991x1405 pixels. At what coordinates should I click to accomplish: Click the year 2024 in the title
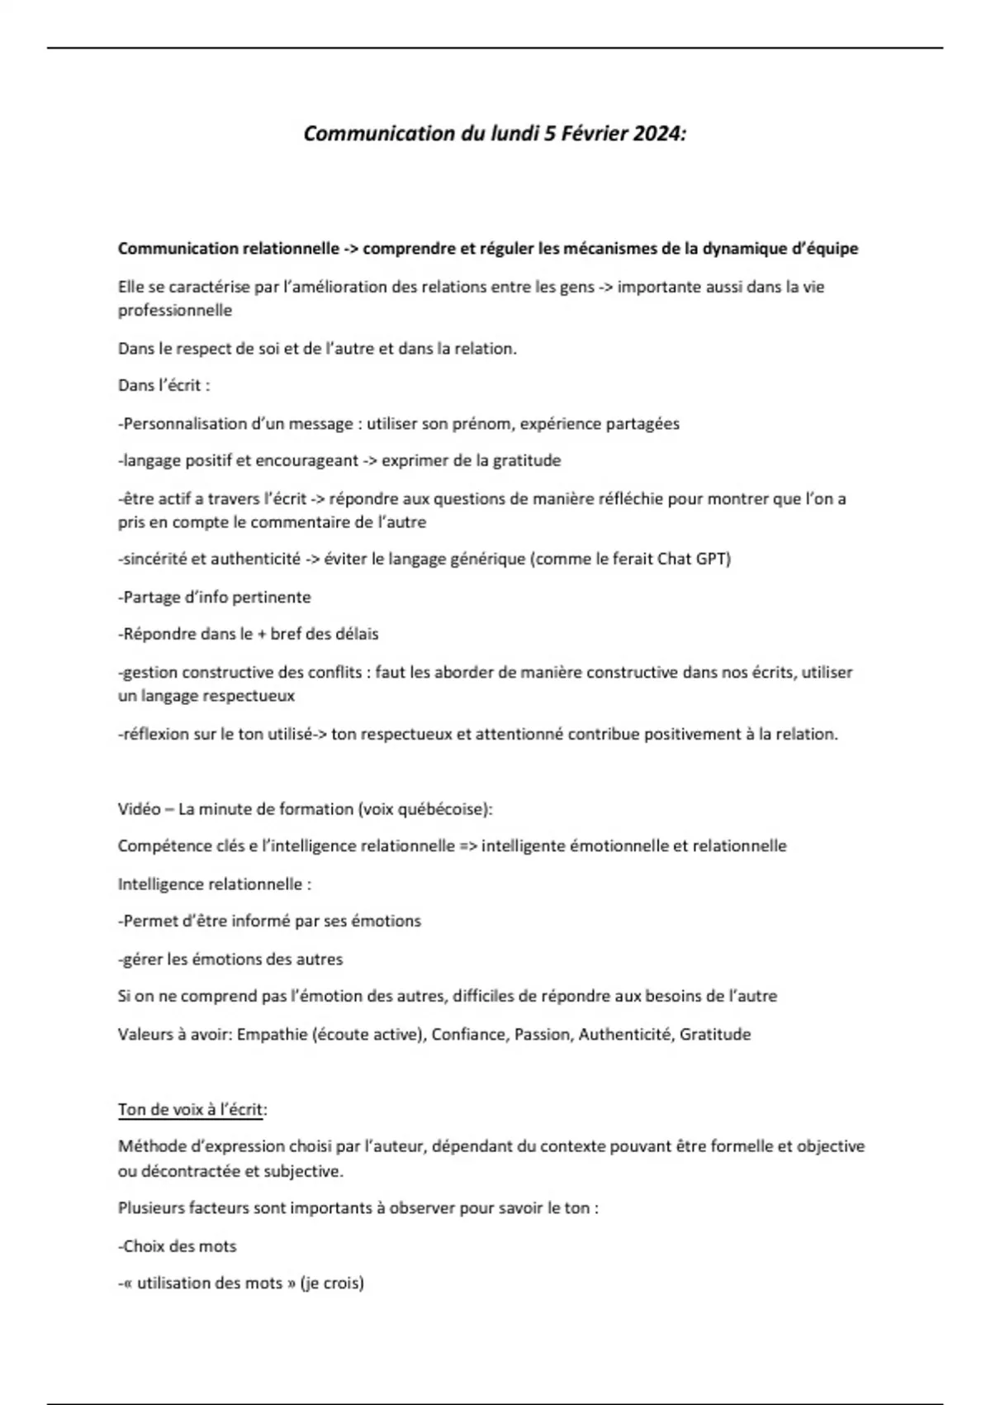[x=657, y=134]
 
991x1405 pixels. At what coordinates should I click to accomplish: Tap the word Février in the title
[x=594, y=134]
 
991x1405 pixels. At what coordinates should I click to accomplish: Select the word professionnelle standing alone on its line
[x=175, y=311]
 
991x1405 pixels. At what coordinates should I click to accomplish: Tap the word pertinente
[x=272, y=598]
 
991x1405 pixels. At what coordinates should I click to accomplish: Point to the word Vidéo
[x=139, y=809]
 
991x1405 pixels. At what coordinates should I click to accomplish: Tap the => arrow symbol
[x=467, y=846]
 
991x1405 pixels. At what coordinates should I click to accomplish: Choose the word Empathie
[x=272, y=1035]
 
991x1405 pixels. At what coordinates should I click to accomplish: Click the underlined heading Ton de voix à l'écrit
[x=192, y=1110]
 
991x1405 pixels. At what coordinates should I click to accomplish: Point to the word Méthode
[x=149, y=1147]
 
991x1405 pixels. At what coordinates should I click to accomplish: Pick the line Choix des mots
[x=179, y=1246]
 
